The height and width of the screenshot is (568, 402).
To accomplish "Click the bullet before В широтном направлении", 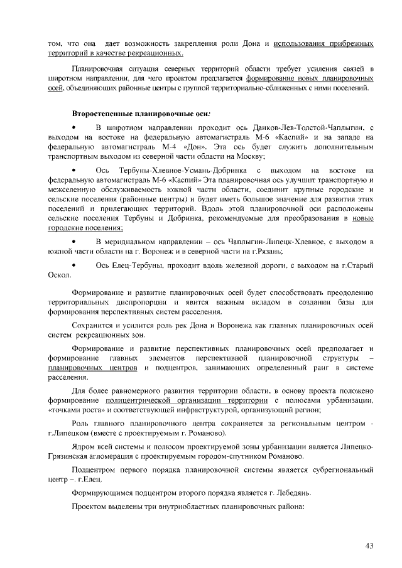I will [x=75, y=127].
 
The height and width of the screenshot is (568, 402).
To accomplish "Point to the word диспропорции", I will [x=138, y=303].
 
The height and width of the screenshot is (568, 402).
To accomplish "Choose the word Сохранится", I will [x=93, y=327].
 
